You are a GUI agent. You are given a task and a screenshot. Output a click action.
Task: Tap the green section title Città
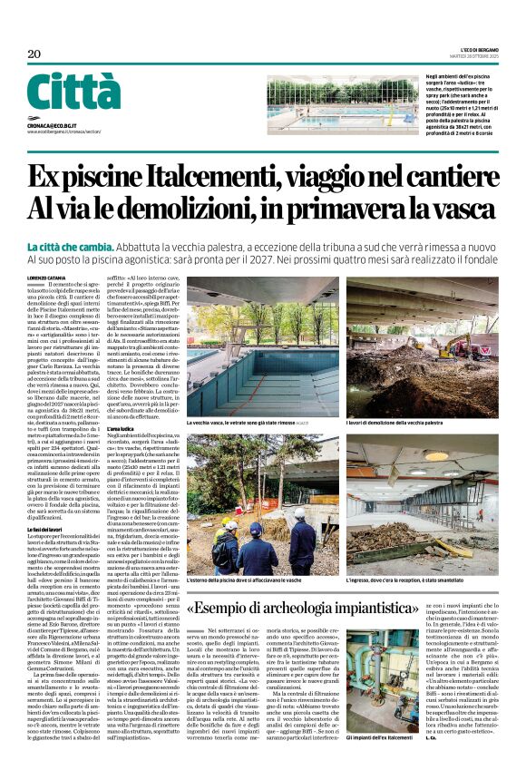(x=73, y=93)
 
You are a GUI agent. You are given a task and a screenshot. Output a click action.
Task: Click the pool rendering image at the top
(x=330, y=105)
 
